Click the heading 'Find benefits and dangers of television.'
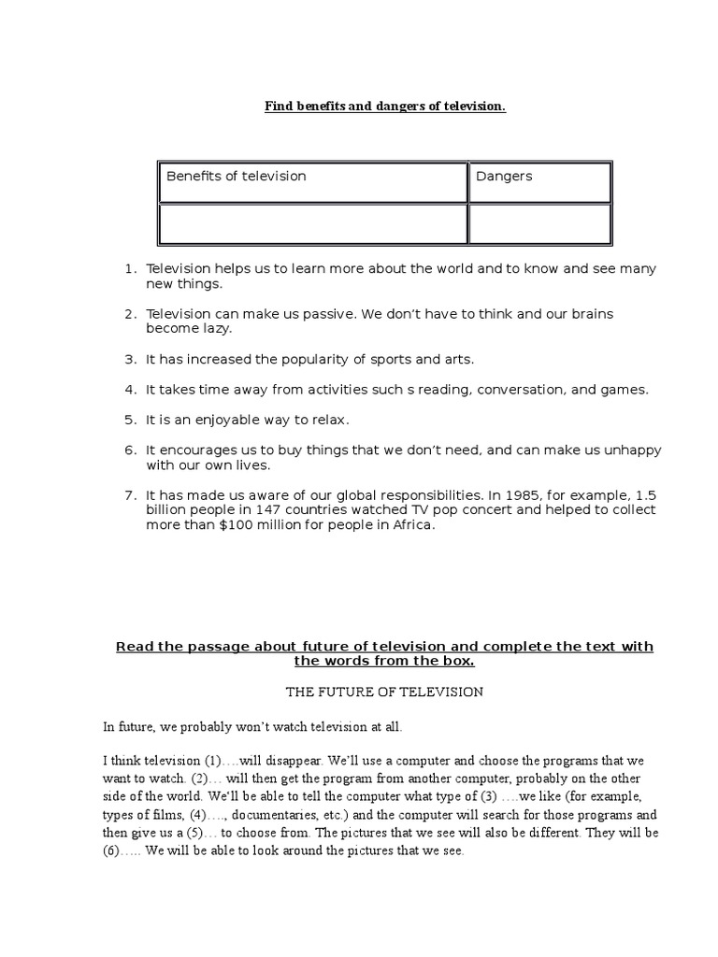coord(384,107)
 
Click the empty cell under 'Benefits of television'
coord(312,224)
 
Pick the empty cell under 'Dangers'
coord(539,224)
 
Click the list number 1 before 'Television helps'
coord(129,269)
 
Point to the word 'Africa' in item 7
coord(412,525)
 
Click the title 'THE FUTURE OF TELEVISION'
coord(383,693)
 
